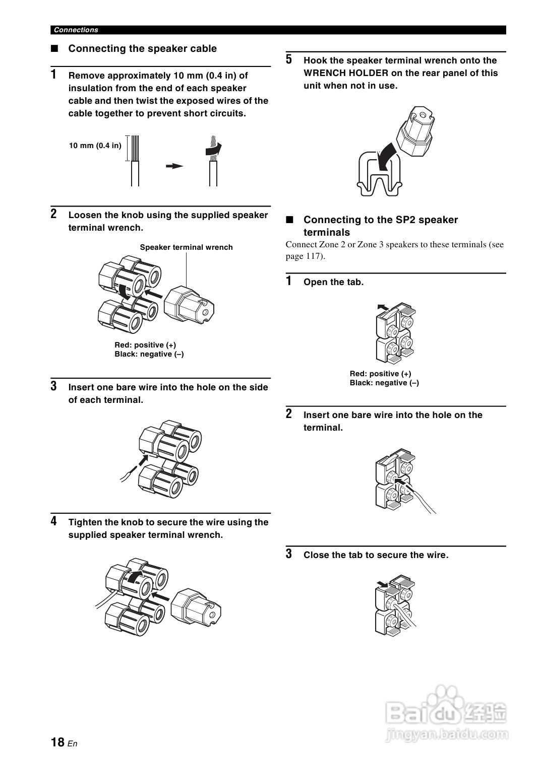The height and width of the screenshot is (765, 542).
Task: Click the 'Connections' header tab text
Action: point(76,30)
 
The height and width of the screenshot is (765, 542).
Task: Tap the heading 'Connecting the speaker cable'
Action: point(142,49)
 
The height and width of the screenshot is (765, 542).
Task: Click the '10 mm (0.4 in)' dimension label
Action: point(95,146)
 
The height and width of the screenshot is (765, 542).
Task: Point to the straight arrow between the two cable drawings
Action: point(174,166)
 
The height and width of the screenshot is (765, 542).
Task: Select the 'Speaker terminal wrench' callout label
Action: point(186,247)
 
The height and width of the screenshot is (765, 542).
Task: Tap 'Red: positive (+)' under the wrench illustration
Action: point(145,345)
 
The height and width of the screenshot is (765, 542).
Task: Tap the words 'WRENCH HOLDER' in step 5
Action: point(346,73)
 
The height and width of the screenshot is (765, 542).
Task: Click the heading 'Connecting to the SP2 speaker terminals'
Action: point(380,226)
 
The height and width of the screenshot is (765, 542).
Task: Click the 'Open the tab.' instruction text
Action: point(333,282)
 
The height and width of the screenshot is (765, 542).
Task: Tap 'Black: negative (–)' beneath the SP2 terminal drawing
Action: point(384,383)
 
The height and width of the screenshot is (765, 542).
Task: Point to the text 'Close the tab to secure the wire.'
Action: point(376,555)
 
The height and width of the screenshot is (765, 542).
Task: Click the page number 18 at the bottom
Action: point(57,742)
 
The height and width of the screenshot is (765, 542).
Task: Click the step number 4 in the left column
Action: point(54,521)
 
